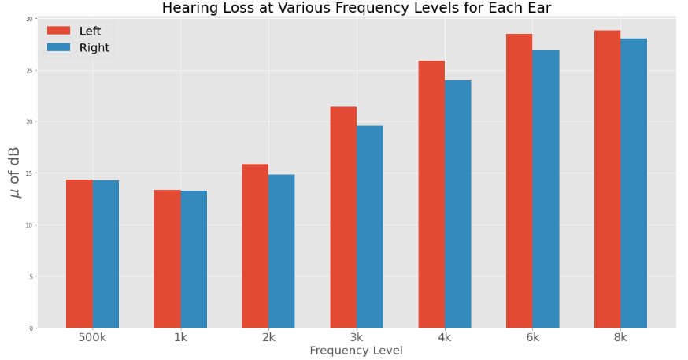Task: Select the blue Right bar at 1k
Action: tap(194, 259)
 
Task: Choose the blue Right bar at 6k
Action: tap(546, 189)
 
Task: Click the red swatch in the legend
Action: tap(59, 31)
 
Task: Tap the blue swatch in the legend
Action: tap(59, 47)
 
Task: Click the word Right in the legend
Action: tap(94, 47)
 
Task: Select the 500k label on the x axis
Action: tap(92, 338)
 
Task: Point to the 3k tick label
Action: tap(357, 338)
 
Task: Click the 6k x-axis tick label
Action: tap(533, 338)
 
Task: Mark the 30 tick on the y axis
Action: tap(29, 19)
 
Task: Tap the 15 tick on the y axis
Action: tap(29, 173)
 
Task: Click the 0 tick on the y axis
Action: tap(31, 328)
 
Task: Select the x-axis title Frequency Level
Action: tap(356, 351)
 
